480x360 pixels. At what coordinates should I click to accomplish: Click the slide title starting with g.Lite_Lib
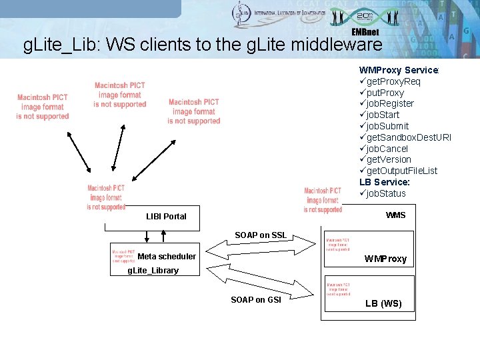tap(203, 45)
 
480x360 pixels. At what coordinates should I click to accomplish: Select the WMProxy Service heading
tap(399, 70)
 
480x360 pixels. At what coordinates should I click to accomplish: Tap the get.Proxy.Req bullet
tap(394, 81)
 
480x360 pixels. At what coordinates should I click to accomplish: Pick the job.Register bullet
tap(390, 103)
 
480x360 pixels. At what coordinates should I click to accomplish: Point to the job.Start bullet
tap(383, 115)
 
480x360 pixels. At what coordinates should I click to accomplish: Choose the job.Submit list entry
tap(387, 126)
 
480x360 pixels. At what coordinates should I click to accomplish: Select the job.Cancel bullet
tap(387, 149)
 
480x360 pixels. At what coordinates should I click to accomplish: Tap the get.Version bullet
tap(389, 159)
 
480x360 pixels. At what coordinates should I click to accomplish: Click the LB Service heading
tap(384, 182)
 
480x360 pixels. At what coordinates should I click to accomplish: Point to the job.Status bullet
tap(386, 193)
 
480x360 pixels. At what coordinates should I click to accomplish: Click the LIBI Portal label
tap(166, 217)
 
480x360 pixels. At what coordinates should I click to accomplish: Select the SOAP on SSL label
tap(261, 235)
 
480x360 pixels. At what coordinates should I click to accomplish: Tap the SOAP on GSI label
tap(256, 300)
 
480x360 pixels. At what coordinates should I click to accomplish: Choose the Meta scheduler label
tap(167, 257)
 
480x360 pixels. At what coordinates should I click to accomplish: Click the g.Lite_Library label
tap(153, 271)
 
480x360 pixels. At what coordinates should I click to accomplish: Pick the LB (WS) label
tap(383, 303)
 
